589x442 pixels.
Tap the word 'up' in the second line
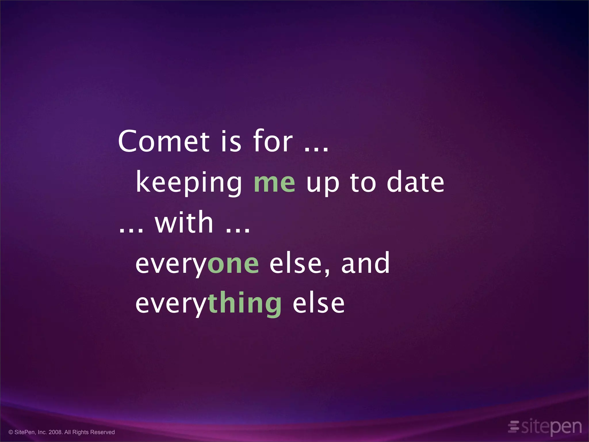click(323, 184)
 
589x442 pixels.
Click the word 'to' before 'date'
click(363, 182)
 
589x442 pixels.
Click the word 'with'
click(184, 222)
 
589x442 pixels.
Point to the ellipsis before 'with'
click(131, 230)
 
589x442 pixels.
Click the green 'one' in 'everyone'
click(233, 264)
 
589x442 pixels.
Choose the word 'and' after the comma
click(365, 262)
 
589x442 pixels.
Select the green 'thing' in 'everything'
click(244, 303)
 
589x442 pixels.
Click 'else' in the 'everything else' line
click(318, 303)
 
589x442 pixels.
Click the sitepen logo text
click(551, 427)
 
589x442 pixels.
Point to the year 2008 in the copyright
click(56, 432)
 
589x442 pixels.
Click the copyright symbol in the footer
click(11, 432)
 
